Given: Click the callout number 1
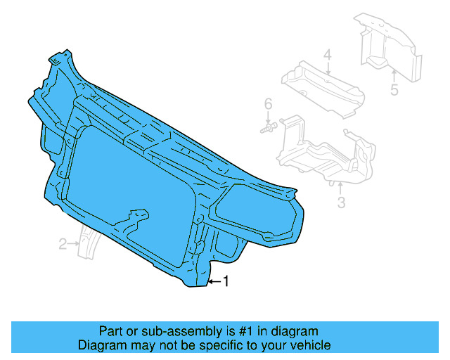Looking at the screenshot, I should pos(226,281).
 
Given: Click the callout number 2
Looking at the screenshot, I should pos(63,244).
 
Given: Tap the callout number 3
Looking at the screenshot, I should pos(341,203).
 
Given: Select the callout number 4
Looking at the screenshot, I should pos(327,55).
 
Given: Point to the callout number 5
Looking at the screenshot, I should pos(394,89).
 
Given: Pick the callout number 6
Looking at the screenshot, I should pos(267,105).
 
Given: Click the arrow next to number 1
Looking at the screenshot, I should pos(214,282).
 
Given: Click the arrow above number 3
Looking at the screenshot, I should pos(340,188).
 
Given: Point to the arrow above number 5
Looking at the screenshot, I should pos(394,75).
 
